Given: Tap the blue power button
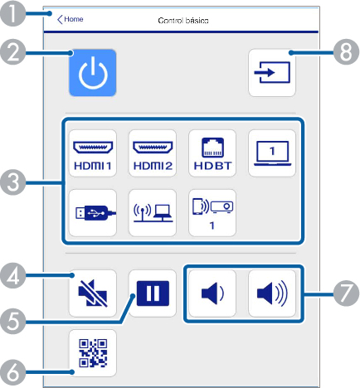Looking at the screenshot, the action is [x=93, y=73].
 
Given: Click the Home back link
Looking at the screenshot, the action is [x=71, y=19].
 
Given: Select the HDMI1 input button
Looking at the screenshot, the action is [x=93, y=153].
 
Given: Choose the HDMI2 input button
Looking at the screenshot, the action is [x=153, y=153].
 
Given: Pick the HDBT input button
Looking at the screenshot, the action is [x=212, y=153].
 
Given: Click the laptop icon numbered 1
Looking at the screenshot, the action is [x=272, y=153].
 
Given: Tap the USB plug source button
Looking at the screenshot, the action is [x=93, y=213].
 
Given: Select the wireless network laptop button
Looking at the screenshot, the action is [x=153, y=213].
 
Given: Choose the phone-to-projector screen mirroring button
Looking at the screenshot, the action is [x=212, y=213].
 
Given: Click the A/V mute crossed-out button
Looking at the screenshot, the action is [x=93, y=293].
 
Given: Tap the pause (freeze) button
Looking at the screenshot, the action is [x=153, y=293].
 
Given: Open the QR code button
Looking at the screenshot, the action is [x=93, y=353].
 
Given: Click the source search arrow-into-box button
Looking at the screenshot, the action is [x=272, y=73].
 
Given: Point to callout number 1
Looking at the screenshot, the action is [x=12, y=13].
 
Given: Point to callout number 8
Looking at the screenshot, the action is [x=346, y=51].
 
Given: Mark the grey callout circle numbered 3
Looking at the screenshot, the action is [x=12, y=182].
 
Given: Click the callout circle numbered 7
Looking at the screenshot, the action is [x=346, y=293].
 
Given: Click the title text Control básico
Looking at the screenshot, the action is [x=183, y=21].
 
